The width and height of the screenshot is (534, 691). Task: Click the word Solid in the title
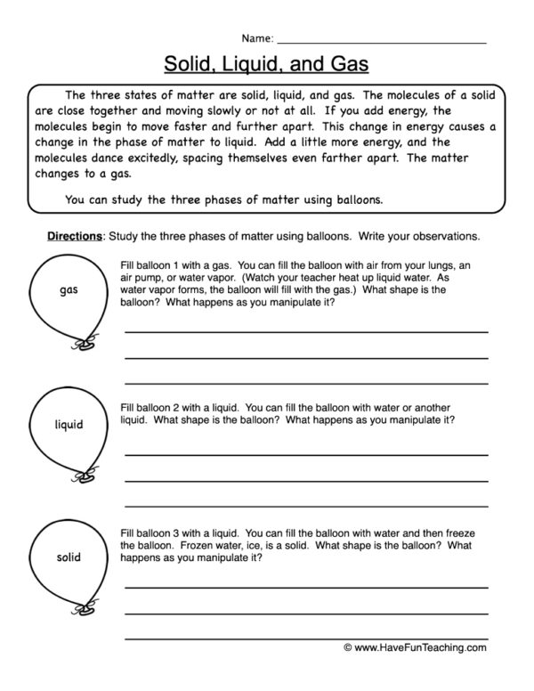[189, 65]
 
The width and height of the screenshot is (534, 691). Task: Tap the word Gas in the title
[347, 65]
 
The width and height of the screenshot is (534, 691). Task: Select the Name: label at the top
[257, 38]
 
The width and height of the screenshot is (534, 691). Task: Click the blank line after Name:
[382, 42]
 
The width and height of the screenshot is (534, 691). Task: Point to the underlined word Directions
[75, 237]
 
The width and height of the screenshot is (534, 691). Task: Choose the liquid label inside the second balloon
[68, 425]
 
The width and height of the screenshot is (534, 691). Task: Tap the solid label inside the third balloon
[68, 557]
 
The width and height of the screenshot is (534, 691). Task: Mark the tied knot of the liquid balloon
[87, 477]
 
